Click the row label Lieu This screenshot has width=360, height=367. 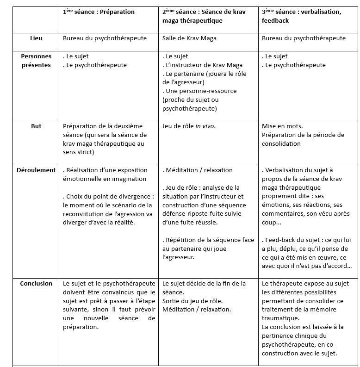click(x=36, y=38)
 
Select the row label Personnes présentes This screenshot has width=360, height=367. click(x=36, y=61)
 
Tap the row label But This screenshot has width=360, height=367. click(x=36, y=126)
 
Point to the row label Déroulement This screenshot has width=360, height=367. click(x=36, y=170)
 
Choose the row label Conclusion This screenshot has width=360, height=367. click(x=36, y=284)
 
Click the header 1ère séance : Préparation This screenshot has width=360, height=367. click(x=99, y=12)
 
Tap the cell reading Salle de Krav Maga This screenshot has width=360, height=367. click(x=189, y=38)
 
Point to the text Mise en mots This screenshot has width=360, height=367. click(x=282, y=126)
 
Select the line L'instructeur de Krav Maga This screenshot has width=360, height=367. click(x=204, y=65)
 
